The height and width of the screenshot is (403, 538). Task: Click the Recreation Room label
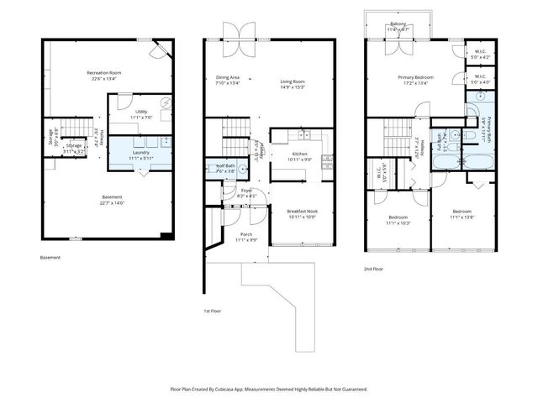click(104, 73)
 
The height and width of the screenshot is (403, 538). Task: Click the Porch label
click(246, 234)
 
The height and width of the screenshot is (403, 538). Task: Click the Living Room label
click(293, 80)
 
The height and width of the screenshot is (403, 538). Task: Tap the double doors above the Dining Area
click(235, 30)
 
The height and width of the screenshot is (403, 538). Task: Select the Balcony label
click(398, 24)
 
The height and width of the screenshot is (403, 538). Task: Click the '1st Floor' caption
click(212, 311)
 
